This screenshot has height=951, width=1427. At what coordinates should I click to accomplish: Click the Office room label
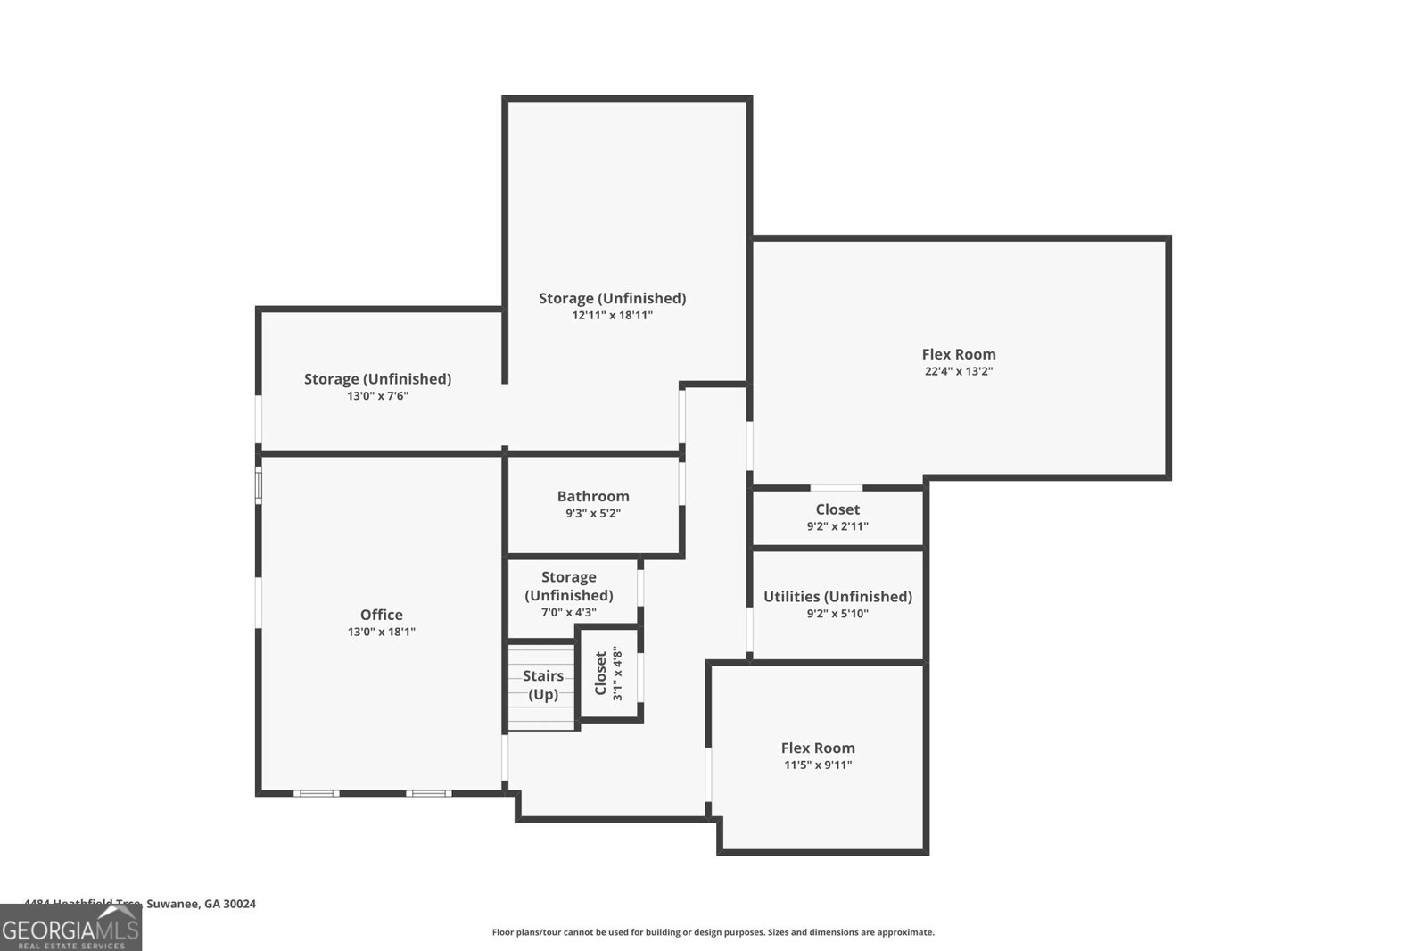[x=381, y=615]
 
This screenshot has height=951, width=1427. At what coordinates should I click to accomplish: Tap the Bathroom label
[x=593, y=496]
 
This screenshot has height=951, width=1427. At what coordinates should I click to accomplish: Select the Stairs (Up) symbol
[x=542, y=685]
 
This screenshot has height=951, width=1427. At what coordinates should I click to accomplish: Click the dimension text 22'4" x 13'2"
[x=959, y=371]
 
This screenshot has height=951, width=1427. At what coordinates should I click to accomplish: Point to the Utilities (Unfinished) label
[x=837, y=596]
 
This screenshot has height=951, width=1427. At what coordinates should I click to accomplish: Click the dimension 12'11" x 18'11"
[x=612, y=315]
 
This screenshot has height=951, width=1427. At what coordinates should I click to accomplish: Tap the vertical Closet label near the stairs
[x=600, y=674]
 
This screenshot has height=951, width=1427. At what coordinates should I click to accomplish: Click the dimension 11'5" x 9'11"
[x=818, y=765]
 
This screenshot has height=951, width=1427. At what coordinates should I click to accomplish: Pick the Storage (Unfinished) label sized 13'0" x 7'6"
[x=377, y=378]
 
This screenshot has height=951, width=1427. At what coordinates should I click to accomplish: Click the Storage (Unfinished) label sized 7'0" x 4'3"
[x=568, y=586]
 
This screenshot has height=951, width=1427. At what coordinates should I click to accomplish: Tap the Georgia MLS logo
[x=70, y=929]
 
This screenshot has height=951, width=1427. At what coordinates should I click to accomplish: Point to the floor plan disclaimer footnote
[x=713, y=932]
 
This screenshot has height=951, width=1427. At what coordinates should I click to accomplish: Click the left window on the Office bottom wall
[x=316, y=792]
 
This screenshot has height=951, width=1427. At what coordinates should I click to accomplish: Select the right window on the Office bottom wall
[x=428, y=792]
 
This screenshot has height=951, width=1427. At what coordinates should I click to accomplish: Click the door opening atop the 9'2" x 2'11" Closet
[x=836, y=488]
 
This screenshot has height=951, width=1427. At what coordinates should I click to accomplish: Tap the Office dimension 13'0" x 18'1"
[x=381, y=632]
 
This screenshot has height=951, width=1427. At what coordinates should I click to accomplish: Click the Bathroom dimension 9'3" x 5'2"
[x=593, y=513]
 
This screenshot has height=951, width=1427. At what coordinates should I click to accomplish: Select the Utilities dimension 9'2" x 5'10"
[x=837, y=613]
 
